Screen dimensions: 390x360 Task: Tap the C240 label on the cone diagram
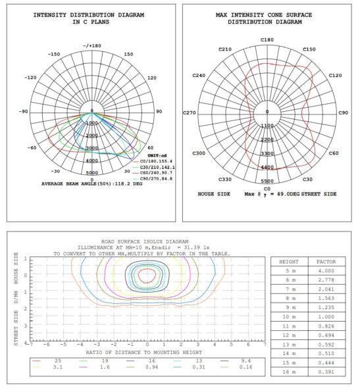(199, 75)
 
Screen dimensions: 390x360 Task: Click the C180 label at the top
(267, 39)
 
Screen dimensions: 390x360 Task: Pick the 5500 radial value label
(267, 180)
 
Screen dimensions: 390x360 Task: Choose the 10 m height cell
(292, 316)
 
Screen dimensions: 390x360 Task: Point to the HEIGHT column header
(292, 261)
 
